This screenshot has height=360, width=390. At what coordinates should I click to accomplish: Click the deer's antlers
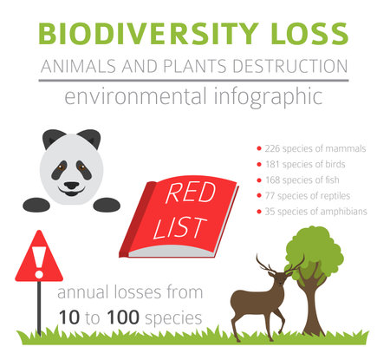click(x=277, y=265)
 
